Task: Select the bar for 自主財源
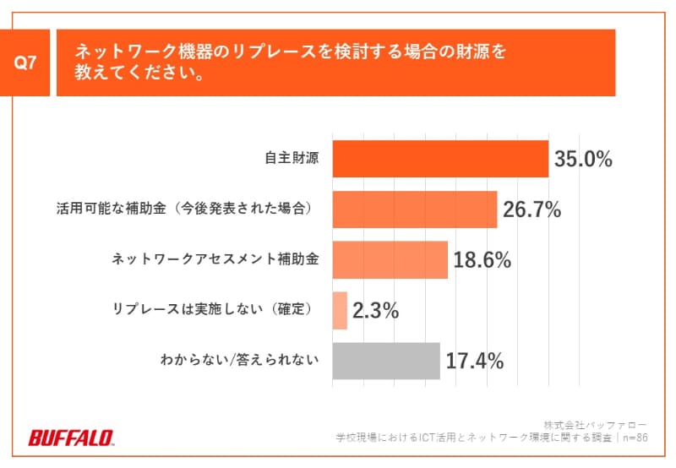[440, 159]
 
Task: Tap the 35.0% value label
[583, 159]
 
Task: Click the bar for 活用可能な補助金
[415, 210]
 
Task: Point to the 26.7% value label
[532, 210]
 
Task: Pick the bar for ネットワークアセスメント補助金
[390, 260]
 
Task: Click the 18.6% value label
[482, 260]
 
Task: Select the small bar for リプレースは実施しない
[340, 310]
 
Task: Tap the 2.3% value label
[375, 311]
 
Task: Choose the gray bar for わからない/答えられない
[386, 361]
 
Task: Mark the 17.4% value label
[475, 362]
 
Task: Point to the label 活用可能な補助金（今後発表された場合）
[182, 210]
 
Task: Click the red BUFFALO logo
[72, 438]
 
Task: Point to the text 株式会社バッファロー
[595, 423]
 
